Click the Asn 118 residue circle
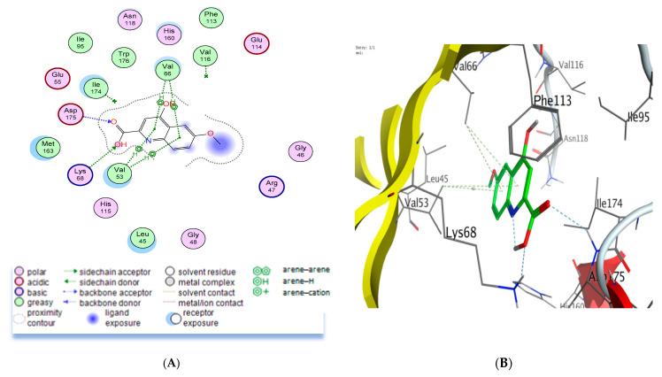(131, 19)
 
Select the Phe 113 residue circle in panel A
(211, 19)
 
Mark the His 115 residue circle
(107, 208)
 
